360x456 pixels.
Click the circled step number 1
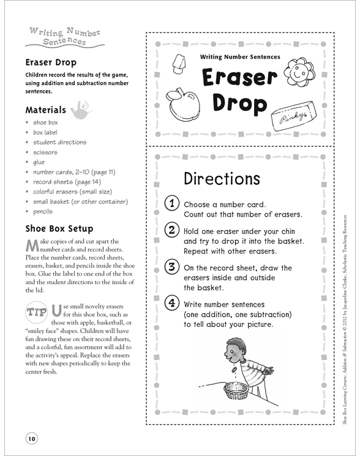(x=172, y=203)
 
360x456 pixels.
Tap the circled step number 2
(x=172, y=230)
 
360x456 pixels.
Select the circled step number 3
(x=172, y=266)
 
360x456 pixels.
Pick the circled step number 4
(x=172, y=303)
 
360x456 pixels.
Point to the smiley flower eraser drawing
(x=299, y=72)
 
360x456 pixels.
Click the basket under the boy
(x=236, y=391)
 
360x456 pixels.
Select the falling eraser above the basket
(x=233, y=369)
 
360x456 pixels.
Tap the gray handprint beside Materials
(x=81, y=110)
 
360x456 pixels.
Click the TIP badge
(x=37, y=313)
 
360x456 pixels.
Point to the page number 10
(x=32, y=438)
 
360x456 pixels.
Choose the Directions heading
(x=222, y=179)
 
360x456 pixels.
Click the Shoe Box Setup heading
(x=59, y=228)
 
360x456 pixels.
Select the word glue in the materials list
(x=39, y=162)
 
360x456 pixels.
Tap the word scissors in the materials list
(x=45, y=152)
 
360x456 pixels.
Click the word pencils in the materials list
(x=43, y=211)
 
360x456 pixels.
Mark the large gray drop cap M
(x=32, y=245)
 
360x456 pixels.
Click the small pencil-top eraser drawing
(x=179, y=64)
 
